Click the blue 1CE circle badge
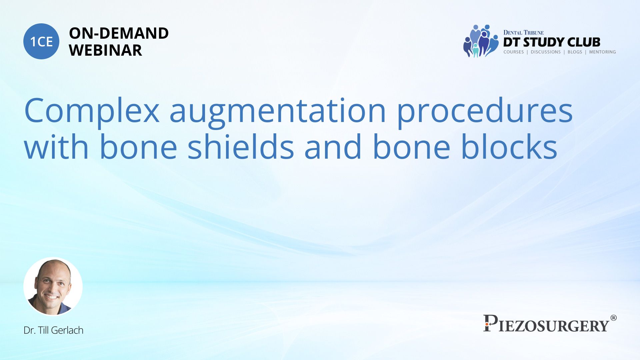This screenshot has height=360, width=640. point(41,41)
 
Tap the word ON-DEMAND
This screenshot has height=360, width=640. point(119,33)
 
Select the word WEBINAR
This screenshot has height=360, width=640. point(105,50)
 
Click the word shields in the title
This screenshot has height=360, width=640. point(241,146)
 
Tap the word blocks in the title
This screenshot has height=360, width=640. point(509,146)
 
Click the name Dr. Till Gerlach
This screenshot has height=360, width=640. point(53,330)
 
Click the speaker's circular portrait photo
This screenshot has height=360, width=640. point(53,287)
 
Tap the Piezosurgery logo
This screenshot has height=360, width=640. point(550,323)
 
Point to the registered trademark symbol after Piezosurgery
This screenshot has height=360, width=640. point(613,318)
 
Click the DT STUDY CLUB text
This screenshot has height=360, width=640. point(552,42)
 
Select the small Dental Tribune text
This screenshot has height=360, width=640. point(523,32)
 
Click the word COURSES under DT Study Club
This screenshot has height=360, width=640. point(513,52)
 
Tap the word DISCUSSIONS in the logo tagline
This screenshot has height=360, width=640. point(546,52)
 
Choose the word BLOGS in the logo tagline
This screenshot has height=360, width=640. point(575,52)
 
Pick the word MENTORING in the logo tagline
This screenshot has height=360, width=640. point(602,52)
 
